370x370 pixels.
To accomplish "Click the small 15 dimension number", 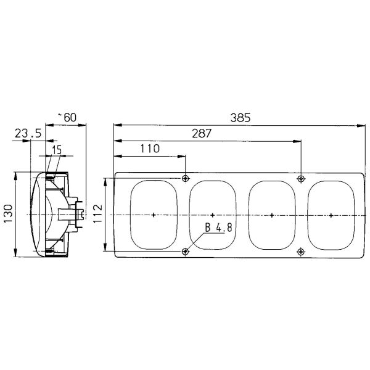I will click(57, 150).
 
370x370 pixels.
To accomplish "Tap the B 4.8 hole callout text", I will click(218, 228).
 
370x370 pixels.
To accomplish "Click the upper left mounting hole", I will click(186, 179).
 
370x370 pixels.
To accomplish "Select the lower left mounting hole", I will click(186, 251).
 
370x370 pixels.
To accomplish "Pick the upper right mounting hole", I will click(301, 179).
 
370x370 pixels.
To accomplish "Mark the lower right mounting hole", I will click(301, 251).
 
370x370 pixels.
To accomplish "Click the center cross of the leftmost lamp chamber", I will click(153, 215).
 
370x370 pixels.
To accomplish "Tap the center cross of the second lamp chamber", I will click(212, 215).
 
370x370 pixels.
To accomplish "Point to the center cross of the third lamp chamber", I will click(272, 215).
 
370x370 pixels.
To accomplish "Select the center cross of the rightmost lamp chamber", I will click(331, 215).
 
